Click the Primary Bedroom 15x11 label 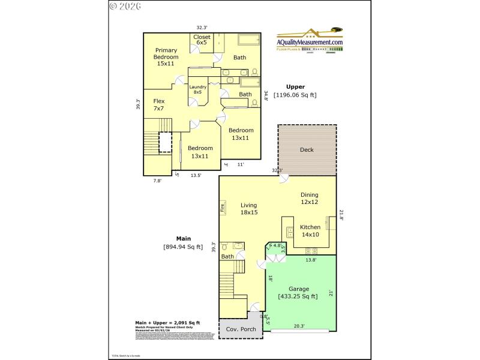tap(165, 56)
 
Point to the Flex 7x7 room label tap(158, 105)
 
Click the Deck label tap(307, 150)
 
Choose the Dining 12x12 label tap(309, 199)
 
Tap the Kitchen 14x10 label tap(310, 231)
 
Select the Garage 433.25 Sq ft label tap(298, 292)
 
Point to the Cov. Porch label tap(240, 329)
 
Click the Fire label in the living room tap(222, 208)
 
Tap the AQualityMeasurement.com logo tap(309, 42)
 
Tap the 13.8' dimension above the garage tap(311, 260)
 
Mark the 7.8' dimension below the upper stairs tap(158, 180)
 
